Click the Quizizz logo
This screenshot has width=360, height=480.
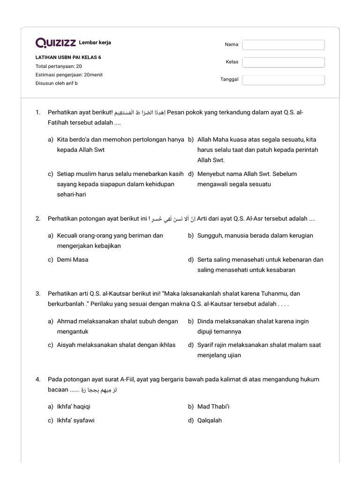tap(56, 43)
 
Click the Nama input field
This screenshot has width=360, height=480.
tap(283, 45)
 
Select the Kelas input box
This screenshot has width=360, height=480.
tap(283, 62)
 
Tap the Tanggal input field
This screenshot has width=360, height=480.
tap(283, 80)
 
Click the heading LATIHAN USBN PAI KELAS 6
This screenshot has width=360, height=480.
tap(68, 58)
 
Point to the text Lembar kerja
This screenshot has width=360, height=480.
tap(95, 43)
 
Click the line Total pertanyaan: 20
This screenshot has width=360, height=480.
tap(59, 66)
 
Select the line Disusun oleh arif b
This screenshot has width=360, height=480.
tap(57, 83)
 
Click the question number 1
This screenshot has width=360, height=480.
tap(38, 112)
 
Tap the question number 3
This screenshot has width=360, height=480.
tap(38, 293)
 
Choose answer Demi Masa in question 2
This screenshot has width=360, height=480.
tap(73, 259)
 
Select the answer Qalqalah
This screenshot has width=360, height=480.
tap(210, 420)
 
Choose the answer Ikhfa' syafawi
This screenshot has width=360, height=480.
tap(76, 420)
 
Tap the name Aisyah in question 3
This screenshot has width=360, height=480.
tap(66, 345)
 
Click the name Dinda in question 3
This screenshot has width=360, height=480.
tap(206, 322)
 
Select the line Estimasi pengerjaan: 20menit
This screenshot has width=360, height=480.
tap(69, 75)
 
